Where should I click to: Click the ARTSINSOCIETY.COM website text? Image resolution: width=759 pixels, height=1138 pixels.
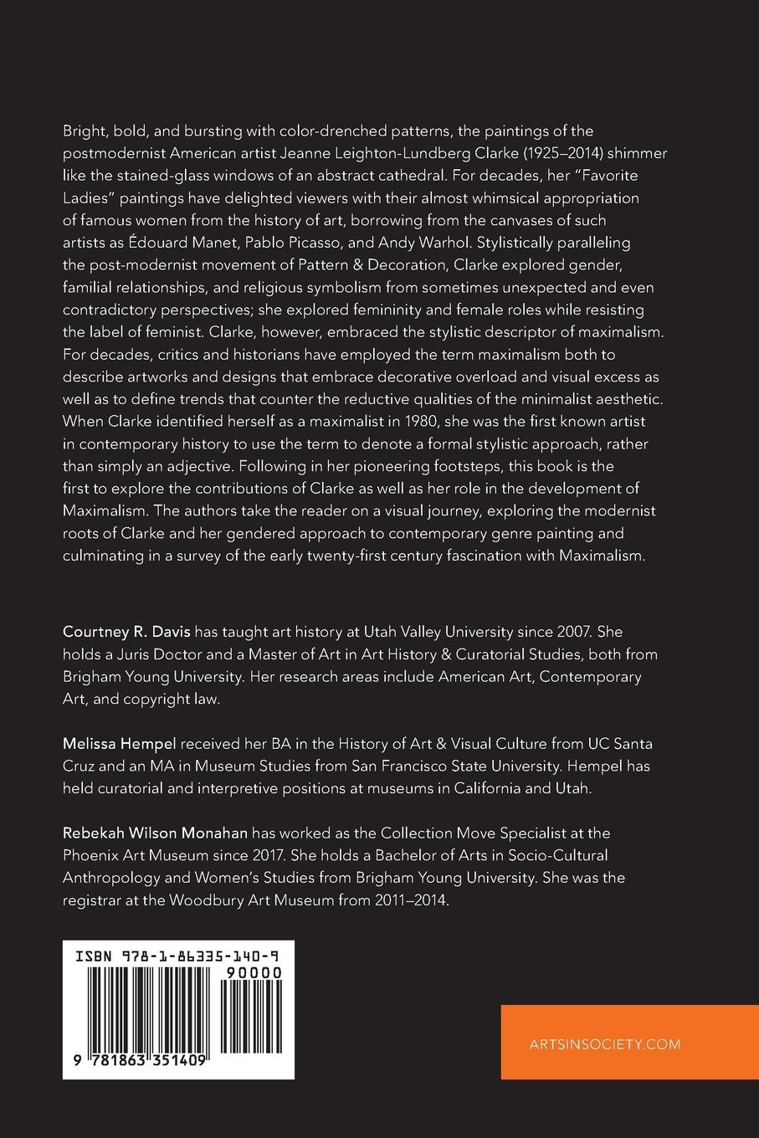605,1043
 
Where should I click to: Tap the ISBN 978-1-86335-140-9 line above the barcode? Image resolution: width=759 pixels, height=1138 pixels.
178,955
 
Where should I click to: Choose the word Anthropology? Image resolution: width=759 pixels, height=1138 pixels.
110,878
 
